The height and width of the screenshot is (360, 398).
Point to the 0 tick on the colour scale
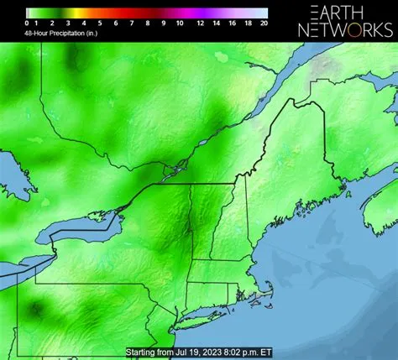click(27, 23)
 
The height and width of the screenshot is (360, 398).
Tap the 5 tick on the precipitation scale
click(100, 23)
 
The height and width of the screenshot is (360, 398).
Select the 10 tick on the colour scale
click(179, 23)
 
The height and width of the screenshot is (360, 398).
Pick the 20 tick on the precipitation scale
click(264, 23)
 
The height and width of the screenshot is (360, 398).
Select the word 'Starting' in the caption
click(141, 352)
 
